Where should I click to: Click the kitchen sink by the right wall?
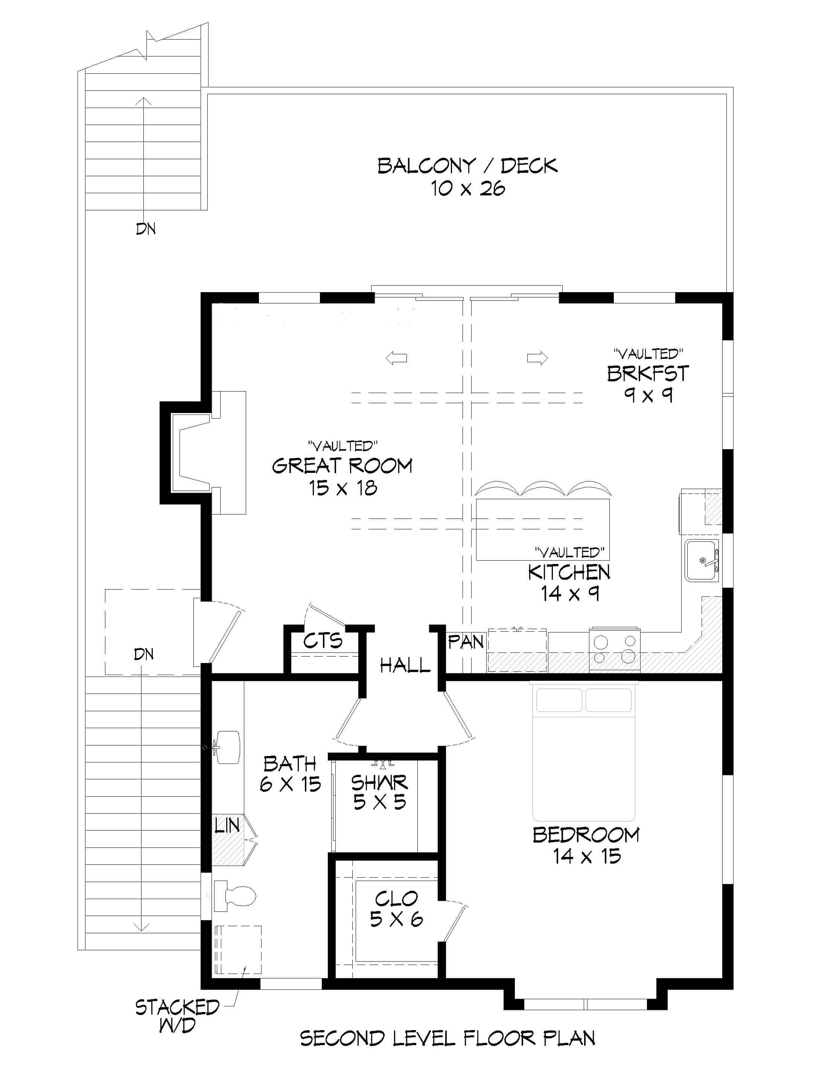702,560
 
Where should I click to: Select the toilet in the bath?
236,896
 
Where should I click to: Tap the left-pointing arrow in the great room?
396,358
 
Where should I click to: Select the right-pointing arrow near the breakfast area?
537,358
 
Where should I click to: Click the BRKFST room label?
648,374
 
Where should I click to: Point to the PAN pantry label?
466,642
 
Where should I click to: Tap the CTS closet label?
322,641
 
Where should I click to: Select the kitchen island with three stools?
542,529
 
